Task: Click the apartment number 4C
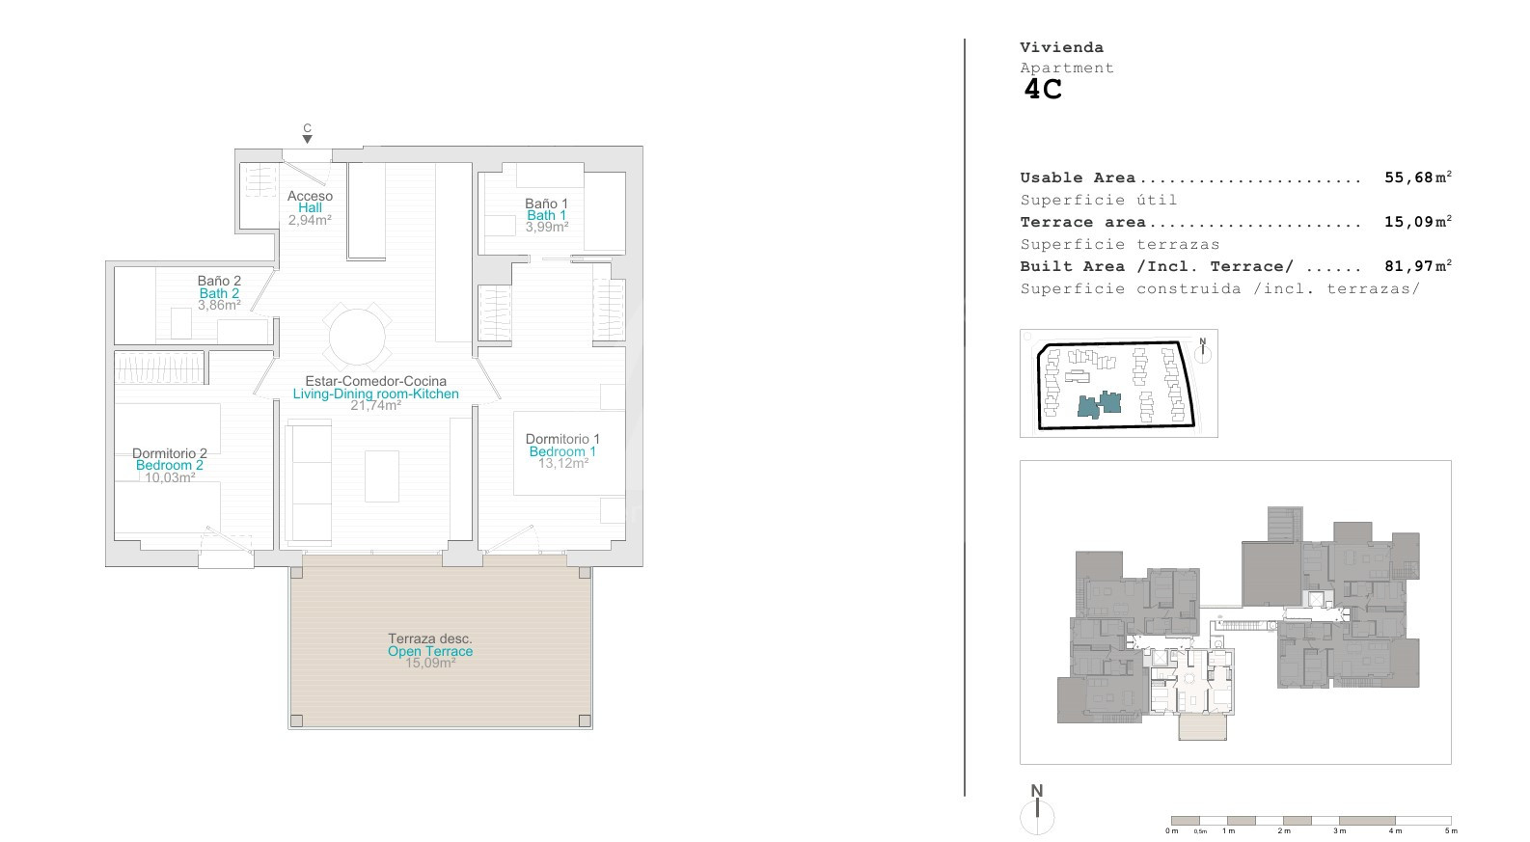(x=1042, y=90)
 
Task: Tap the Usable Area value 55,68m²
(x=1418, y=177)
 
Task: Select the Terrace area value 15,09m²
(x=1418, y=222)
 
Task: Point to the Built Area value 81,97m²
(x=1418, y=266)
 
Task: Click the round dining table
(x=357, y=337)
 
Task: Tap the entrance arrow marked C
(x=308, y=139)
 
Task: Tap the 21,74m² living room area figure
(x=375, y=405)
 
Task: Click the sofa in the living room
(x=308, y=482)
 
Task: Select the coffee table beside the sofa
(x=382, y=475)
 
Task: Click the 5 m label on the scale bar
(x=1451, y=830)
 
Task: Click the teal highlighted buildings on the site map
(x=1100, y=404)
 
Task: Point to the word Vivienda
(x=1061, y=48)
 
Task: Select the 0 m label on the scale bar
(x=1171, y=830)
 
